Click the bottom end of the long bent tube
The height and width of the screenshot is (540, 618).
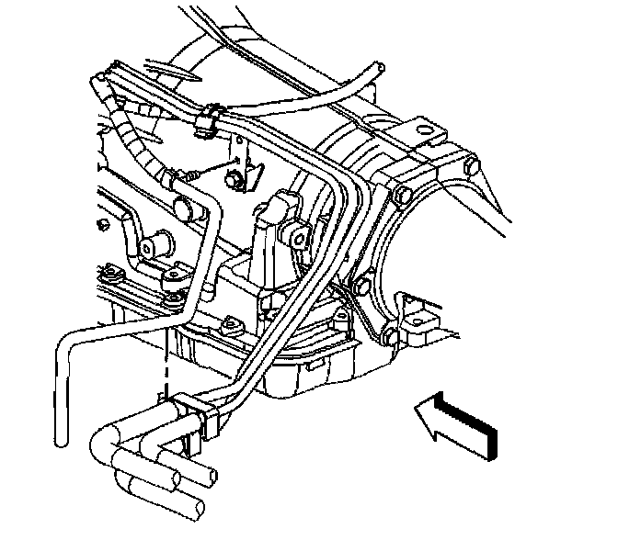[x=60, y=441]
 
